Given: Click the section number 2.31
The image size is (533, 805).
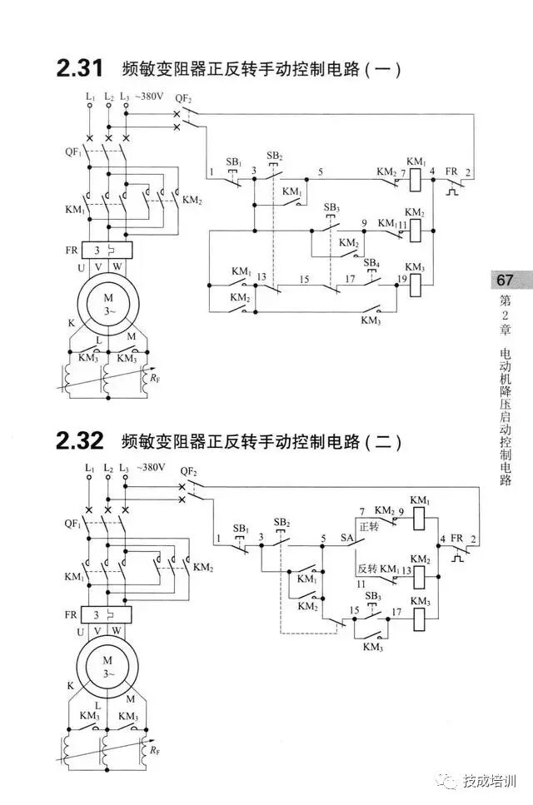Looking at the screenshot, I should [x=79, y=68].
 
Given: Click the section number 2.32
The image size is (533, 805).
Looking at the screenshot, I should [x=79, y=441].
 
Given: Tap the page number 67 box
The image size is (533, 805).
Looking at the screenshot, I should [x=505, y=280].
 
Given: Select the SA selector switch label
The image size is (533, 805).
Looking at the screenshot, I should [x=347, y=539].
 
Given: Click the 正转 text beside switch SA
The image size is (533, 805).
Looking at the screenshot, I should [x=369, y=527].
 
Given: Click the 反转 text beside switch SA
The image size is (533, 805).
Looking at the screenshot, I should [x=367, y=569].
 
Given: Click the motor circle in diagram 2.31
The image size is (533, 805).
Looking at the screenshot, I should [x=107, y=305].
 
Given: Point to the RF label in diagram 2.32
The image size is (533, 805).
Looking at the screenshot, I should [x=155, y=752].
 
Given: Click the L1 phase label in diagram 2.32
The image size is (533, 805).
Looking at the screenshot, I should [x=90, y=470].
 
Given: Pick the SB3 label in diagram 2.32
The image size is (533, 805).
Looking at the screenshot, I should [x=372, y=597].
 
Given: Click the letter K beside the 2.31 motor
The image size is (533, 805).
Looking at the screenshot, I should [x=71, y=322].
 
